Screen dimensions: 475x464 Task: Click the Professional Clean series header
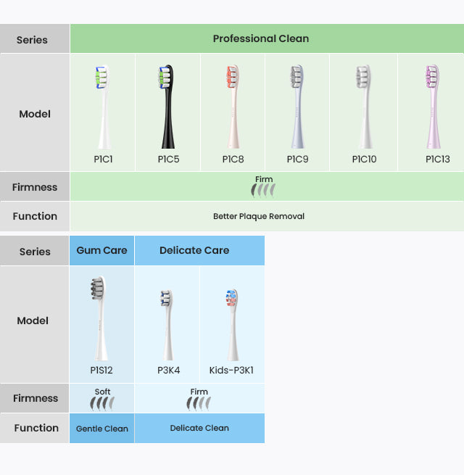pyautogui.click(x=261, y=38)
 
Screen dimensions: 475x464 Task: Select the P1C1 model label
pyautogui.click(x=103, y=159)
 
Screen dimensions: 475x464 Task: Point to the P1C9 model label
pyautogui.click(x=297, y=159)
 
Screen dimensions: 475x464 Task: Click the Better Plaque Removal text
pyautogui.click(x=259, y=216)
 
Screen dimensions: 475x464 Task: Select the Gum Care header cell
pyautogui.click(x=101, y=250)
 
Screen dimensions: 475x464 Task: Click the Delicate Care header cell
pyautogui.click(x=194, y=250)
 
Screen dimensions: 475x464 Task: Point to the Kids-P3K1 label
pyautogui.click(x=231, y=370)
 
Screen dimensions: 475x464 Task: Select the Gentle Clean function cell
pyautogui.click(x=101, y=429)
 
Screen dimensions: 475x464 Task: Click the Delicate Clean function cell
pyautogui.click(x=199, y=428)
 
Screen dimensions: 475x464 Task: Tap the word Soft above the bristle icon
pyautogui.click(x=102, y=392)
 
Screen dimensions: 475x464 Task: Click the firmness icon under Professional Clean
pyautogui.click(x=263, y=190)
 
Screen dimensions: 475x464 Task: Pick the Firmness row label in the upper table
pyautogui.click(x=35, y=187)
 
